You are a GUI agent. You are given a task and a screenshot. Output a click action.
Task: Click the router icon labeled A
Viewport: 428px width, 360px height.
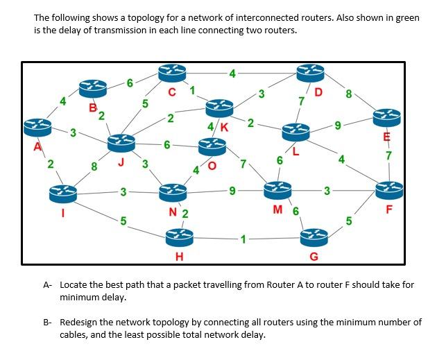[x=39, y=127]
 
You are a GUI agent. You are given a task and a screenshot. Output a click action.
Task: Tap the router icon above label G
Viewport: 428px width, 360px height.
[x=314, y=238]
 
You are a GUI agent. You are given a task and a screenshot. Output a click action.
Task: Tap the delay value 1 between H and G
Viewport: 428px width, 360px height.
[x=244, y=239]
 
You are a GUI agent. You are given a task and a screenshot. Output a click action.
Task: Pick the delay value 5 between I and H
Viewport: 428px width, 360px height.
[x=123, y=221]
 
